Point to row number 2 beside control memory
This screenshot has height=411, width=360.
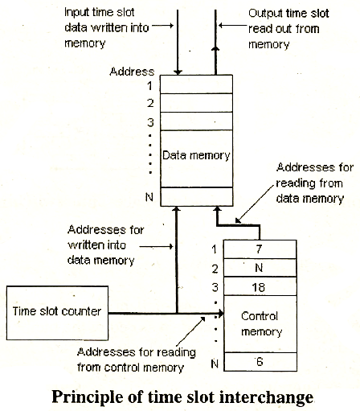click(215, 269)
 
